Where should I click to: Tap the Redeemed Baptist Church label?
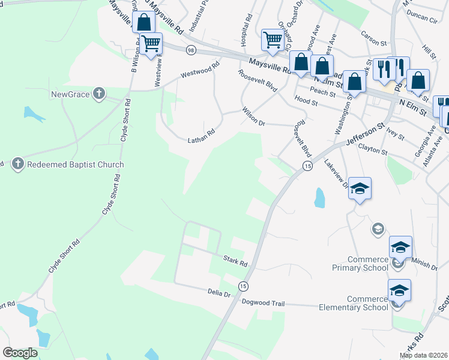tap(75, 164)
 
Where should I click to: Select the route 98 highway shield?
tap(191, 49)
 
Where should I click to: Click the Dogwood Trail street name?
tap(262, 304)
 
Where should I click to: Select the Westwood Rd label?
tap(200, 71)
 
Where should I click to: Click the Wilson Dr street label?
tap(253, 113)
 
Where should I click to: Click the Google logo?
tap(20, 352)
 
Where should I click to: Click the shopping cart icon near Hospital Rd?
tap(272, 40)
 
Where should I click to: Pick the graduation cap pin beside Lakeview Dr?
tap(360, 188)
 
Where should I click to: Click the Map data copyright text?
tap(423, 355)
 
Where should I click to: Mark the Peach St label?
tap(322, 90)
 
